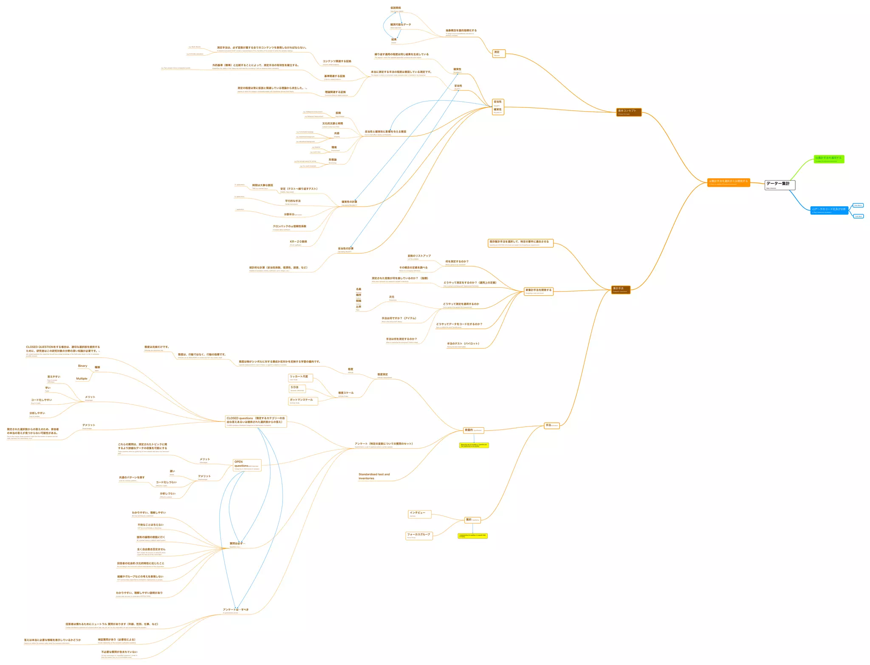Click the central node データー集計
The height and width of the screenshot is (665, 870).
780,185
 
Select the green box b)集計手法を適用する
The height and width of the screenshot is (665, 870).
829,159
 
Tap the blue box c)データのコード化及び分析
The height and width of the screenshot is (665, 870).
829,210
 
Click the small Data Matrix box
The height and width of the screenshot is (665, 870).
858,205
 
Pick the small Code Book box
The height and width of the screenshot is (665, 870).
859,216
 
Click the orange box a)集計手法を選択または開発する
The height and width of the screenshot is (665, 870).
729,182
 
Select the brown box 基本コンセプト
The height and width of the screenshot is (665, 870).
629,112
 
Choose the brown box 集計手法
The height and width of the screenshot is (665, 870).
621,289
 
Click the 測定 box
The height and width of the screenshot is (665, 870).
499,53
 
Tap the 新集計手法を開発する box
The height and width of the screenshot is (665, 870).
539,291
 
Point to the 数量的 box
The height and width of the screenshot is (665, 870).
473,430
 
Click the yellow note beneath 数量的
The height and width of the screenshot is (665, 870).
474,445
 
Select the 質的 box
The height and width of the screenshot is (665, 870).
472,520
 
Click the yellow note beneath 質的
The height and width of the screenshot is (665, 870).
473,536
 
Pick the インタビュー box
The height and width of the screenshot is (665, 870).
420,514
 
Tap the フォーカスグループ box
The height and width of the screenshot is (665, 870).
419,536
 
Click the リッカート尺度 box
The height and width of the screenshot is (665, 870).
300,378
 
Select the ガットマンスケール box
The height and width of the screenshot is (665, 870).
303,401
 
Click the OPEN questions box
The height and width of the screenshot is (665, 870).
247,465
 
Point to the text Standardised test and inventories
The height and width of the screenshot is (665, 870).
374,476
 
